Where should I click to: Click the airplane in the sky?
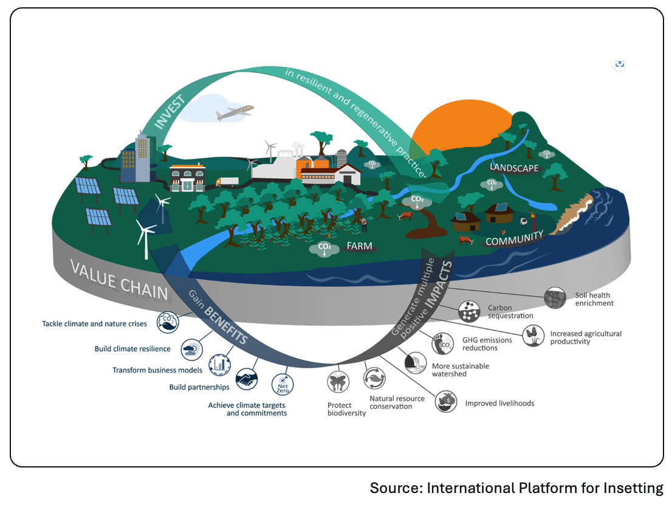point(234,112)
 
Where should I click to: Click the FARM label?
point(359,246)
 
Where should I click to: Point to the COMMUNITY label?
point(514,238)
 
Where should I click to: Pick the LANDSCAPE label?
point(514,167)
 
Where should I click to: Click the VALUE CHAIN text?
point(118,278)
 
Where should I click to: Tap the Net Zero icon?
point(283,383)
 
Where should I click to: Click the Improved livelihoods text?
point(499,403)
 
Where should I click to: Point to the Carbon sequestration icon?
point(470,312)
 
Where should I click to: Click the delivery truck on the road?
point(227,182)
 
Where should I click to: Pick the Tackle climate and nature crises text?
point(94,324)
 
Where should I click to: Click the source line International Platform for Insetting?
point(516,488)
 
